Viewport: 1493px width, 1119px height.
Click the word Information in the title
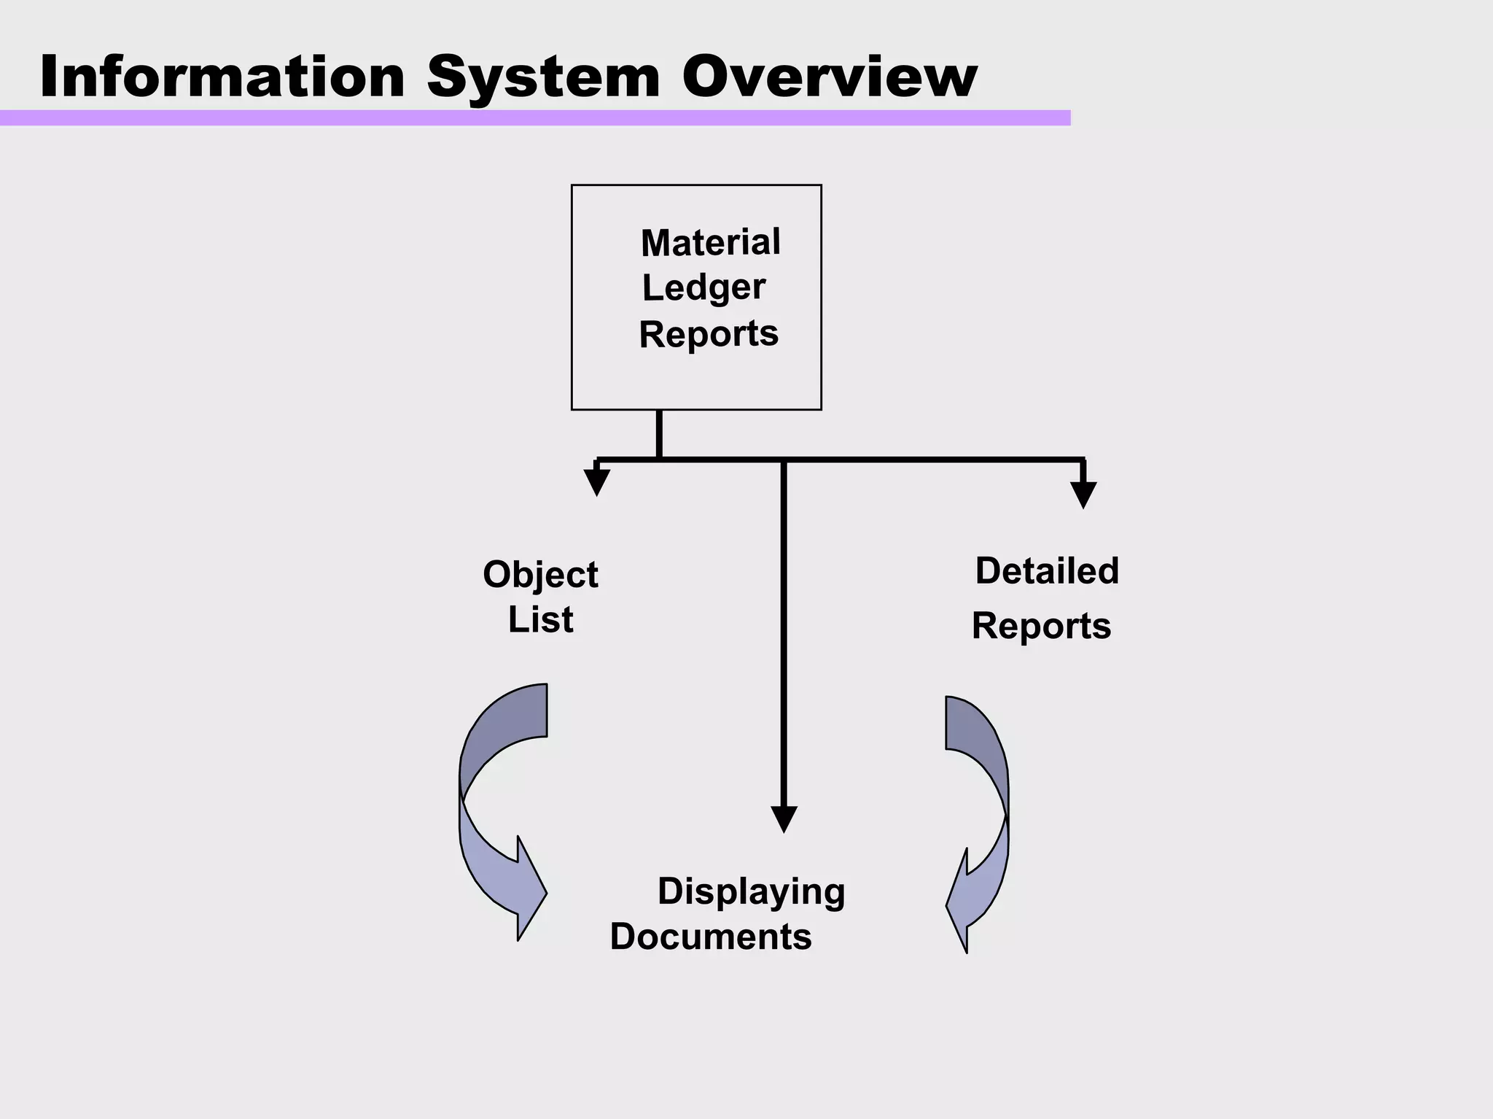(222, 77)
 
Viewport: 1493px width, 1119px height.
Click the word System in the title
(543, 78)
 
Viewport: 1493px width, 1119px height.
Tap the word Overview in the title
(829, 77)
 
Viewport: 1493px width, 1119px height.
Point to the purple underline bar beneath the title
(534, 117)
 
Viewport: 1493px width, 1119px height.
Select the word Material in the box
(710, 242)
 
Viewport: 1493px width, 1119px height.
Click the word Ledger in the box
(703, 287)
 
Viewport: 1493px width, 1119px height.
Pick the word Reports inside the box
(709, 334)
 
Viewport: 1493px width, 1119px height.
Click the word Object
(540, 575)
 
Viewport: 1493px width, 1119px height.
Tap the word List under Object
(540, 620)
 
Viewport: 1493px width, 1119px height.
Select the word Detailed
(1047, 570)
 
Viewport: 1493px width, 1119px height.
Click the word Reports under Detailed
(1041, 626)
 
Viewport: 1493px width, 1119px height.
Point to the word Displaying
(751, 891)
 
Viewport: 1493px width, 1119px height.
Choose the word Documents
(711, 937)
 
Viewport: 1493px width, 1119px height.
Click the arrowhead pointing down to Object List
(596, 482)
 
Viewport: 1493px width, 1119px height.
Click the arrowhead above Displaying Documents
(784, 818)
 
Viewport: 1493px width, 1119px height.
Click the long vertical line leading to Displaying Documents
(784, 635)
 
